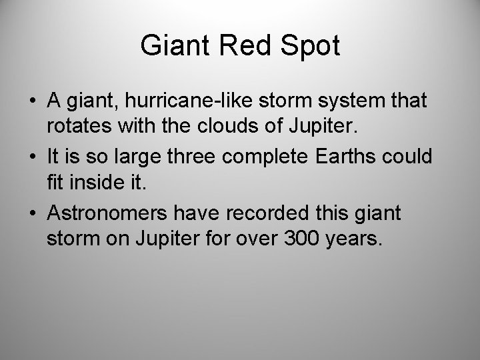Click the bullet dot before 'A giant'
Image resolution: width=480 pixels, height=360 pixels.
click(33, 102)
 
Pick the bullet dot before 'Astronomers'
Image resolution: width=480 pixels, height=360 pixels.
click(33, 213)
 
